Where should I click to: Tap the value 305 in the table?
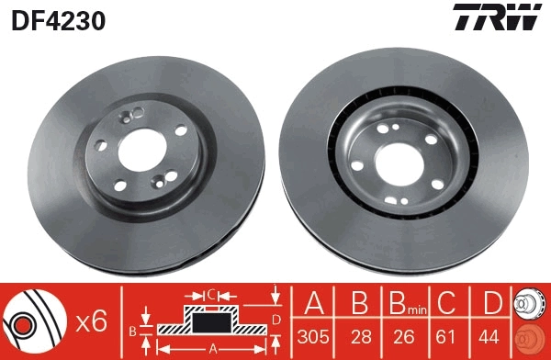pyautogui.click(x=315, y=335)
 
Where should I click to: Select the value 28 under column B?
pyautogui.click(x=360, y=335)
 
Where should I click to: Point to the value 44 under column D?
pyautogui.click(x=492, y=335)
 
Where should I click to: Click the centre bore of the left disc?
pyautogui.click(x=137, y=148)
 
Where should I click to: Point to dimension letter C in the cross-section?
pyautogui.click(x=210, y=294)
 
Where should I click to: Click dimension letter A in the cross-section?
pyautogui.click(x=213, y=348)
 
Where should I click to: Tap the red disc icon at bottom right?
pyautogui.click(x=530, y=337)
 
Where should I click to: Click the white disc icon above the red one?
pyautogui.click(x=530, y=302)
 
